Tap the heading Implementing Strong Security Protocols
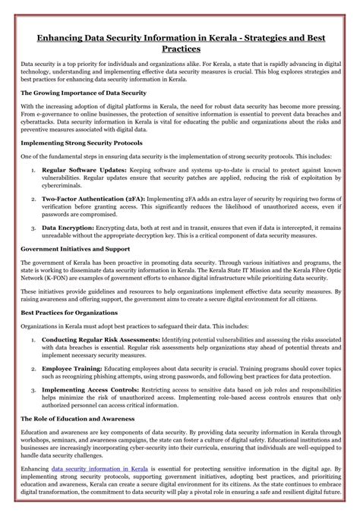91,143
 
